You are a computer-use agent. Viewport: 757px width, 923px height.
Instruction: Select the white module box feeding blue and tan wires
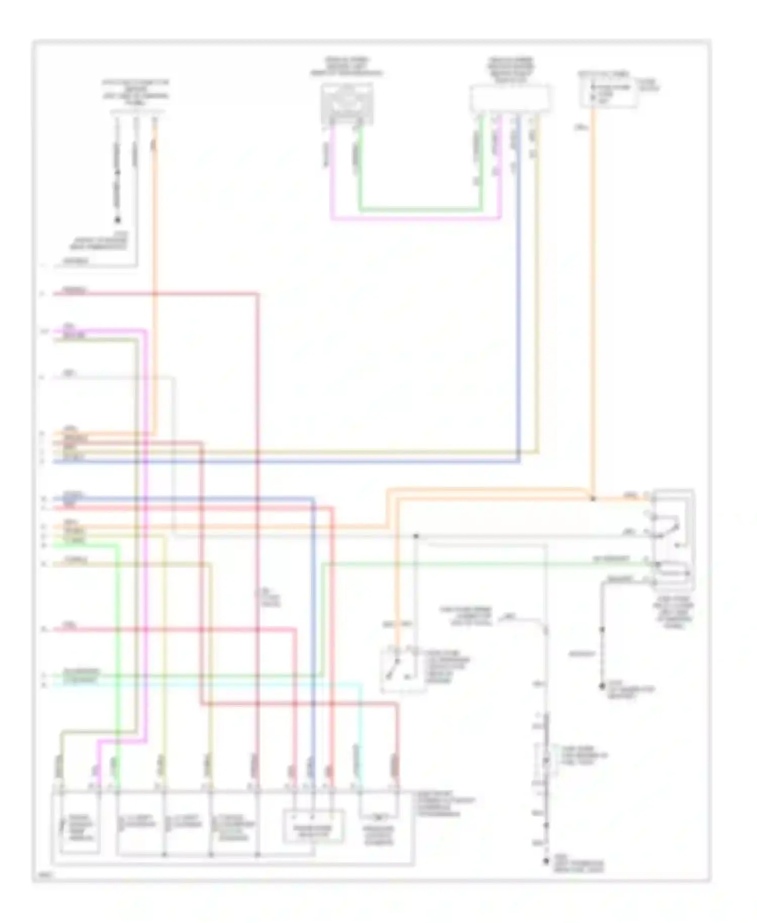click(510, 99)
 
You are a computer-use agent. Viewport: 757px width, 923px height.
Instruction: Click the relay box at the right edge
click(673, 539)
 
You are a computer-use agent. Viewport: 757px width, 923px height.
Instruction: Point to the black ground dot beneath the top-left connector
click(118, 220)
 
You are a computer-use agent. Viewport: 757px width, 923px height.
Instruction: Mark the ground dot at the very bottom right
click(546, 862)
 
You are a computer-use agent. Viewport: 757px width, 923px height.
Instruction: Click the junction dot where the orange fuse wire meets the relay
click(593, 499)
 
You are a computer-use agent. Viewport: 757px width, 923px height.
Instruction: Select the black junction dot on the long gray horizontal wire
click(416, 536)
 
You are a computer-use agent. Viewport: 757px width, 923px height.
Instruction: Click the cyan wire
click(202, 684)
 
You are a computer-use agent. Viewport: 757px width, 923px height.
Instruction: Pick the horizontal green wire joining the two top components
click(419, 209)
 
